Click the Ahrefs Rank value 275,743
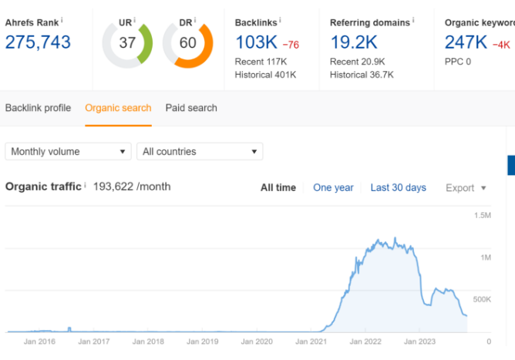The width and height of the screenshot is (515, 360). pyautogui.click(x=38, y=42)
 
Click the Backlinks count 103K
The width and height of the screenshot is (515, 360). pyautogui.click(x=256, y=42)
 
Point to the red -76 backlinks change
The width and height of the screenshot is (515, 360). pyautogui.click(x=291, y=45)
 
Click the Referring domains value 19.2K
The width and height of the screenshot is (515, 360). pyautogui.click(x=354, y=42)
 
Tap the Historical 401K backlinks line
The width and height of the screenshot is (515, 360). pyautogui.click(x=265, y=75)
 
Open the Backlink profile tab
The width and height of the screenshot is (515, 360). pyautogui.click(x=38, y=108)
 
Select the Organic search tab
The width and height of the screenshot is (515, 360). pyautogui.click(x=118, y=108)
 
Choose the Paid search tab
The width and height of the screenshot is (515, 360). pyautogui.click(x=191, y=108)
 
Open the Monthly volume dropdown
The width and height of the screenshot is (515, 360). pyautogui.click(x=69, y=151)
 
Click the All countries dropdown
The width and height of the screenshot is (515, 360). pyautogui.click(x=200, y=151)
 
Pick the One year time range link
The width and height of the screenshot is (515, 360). pyautogui.click(x=333, y=187)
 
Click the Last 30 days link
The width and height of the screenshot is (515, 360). pyautogui.click(x=399, y=187)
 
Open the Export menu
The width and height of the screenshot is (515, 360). pyautogui.click(x=466, y=188)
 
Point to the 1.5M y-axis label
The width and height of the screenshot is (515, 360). pyautogui.click(x=483, y=216)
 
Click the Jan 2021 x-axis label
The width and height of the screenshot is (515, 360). pyautogui.click(x=311, y=341)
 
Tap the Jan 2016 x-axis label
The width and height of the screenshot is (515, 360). pyautogui.click(x=39, y=341)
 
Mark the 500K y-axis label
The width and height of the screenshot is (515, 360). pyautogui.click(x=482, y=299)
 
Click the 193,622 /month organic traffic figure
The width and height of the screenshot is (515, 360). pyautogui.click(x=132, y=187)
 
